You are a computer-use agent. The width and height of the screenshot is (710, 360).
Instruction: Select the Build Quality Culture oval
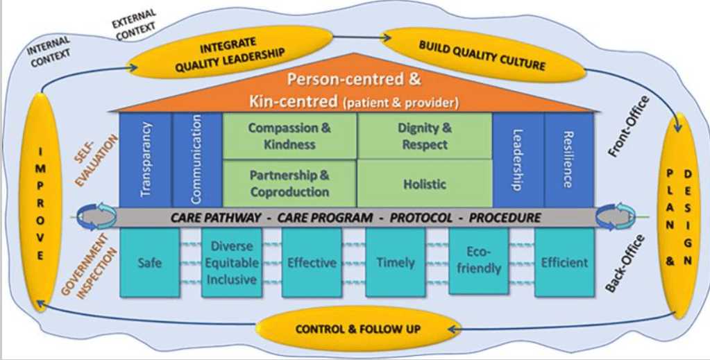[x=482, y=55]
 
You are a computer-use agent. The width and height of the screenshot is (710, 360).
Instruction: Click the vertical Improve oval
[x=41, y=200]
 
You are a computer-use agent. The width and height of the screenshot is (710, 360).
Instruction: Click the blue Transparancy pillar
[x=145, y=160]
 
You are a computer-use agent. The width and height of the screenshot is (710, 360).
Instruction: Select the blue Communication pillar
[x=196, y=160]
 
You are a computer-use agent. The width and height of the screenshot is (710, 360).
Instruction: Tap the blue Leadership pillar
[x=518, y=160]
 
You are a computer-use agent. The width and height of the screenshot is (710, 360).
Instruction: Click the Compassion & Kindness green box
[x=289, y=137]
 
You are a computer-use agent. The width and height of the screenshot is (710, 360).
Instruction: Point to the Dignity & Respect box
[x=424, y=137]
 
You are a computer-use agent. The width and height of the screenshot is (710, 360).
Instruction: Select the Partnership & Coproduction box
[x=289, y=183]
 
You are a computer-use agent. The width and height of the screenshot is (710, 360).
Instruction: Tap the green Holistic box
[x=424, y=184]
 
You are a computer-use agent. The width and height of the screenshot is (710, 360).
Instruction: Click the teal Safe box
[x=149, y=262]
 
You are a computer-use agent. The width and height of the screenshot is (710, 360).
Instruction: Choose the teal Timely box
[x=395, y=262]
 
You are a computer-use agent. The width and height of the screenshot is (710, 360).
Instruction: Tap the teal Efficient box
[x=564, y=262]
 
